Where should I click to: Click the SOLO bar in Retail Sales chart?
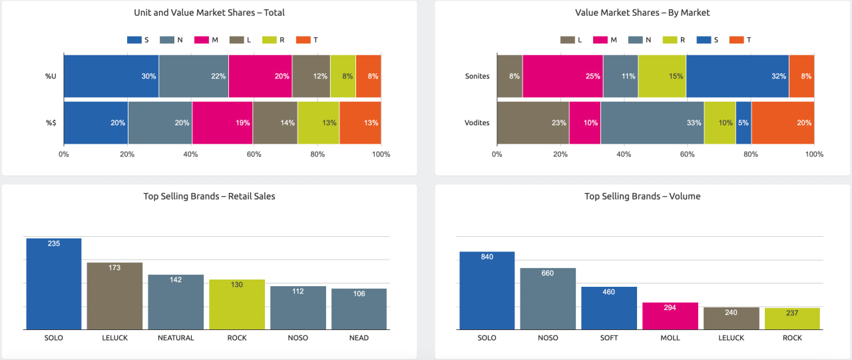click(54, 284)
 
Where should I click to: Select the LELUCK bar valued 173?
click(114, 296)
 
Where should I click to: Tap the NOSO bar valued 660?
click(548, 299)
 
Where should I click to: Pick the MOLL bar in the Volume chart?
click(670, 316)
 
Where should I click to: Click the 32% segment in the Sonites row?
click(737, 76)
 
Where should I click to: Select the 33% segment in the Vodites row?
click(652, 122)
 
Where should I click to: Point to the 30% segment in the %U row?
click(111, 76)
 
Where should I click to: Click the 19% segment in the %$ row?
click(222, 122)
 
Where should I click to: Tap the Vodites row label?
click(477, 122)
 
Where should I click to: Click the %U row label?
click(51, 76)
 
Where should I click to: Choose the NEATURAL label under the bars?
click(176, 338)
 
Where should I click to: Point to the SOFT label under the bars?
click(609, 338)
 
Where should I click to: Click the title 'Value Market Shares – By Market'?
click(642, 13)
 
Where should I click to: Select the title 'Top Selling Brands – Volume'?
click(642, 196)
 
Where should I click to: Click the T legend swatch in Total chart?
click(302, 40)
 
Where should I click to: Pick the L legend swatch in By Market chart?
click(567, 40)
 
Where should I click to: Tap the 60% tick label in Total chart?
click(254, 154)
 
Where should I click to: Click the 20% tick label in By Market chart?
click(560, 154)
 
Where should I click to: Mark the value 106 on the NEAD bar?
click(359, 293)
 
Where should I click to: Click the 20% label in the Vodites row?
click(803, 122)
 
